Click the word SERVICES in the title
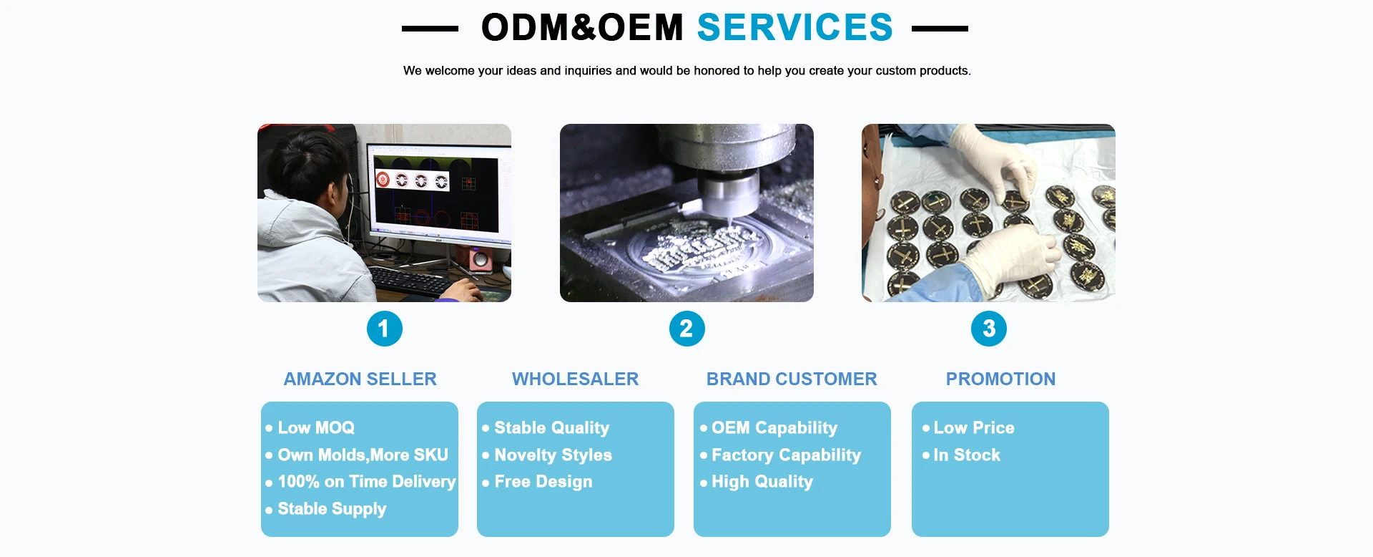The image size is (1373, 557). point(795,28)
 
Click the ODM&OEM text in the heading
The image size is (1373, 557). point(583,28)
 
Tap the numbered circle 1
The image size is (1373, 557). point(385,329)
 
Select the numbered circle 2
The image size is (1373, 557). point(687,329)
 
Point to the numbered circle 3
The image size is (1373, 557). point(989,329)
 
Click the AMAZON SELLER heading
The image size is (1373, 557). point(360,379)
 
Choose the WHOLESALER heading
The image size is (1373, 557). point(576,379)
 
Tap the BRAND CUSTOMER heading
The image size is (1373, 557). point(792,379)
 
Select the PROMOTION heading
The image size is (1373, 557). point(1001,379)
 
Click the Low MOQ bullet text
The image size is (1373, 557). point(316,427)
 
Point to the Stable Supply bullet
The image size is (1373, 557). point(332,509)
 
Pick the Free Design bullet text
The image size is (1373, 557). point(543,482)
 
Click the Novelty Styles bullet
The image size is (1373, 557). point(553,455)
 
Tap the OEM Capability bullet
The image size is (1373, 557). point(774,428)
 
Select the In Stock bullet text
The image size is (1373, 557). point(967,455)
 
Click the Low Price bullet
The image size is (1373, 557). point(974,427)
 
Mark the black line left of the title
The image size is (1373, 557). point(430,29)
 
